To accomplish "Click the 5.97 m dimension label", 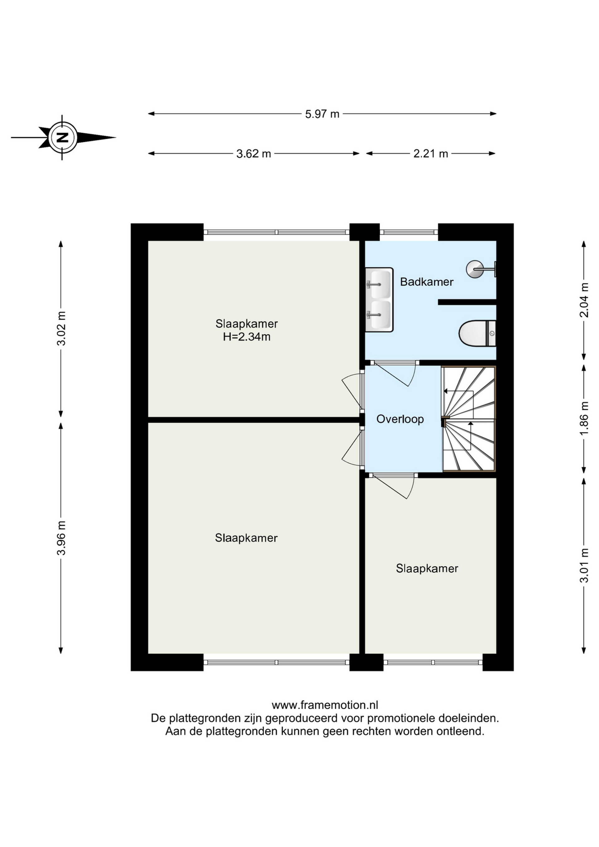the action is point(322,114).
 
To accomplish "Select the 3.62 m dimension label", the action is point(253,154).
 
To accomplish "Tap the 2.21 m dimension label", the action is point(431,154).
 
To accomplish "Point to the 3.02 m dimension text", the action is point(61,328).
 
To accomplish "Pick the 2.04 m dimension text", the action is point(583,300).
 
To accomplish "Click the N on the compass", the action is point(63,138).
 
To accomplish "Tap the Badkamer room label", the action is point(427,282).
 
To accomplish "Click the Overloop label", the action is point(400,419).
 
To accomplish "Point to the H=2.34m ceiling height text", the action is point(246,337).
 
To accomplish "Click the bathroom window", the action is point(409,232).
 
